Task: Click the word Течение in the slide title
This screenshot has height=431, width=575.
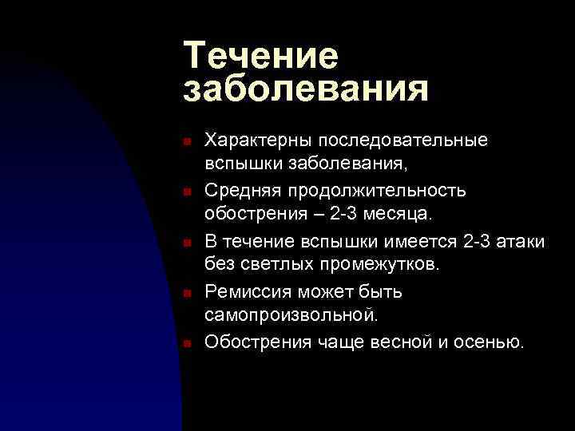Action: pyautogui.click(x=261, y=56)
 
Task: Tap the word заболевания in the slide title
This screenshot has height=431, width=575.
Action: pyautogui.click(x=306, y=89)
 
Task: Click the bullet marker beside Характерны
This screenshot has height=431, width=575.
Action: pyautogui.click(x=185, y=142)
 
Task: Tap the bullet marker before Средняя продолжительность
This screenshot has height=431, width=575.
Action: pyautogui.click(x=185, y=192)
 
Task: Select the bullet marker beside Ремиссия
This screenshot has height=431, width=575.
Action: pyautogui.click(x=185, y=292)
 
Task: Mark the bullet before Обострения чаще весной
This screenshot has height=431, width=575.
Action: pyautogui.click(x=185, y=343)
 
